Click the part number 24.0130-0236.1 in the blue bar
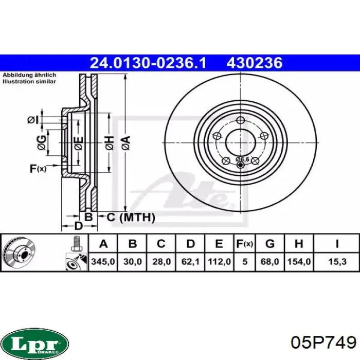pos(148,63)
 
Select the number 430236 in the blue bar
pos(255,63)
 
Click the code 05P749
pos(323,343)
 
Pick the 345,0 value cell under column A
pos(103,261)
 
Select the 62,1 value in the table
pos(190,261)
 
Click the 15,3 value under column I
pos(337,261)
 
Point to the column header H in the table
pos(299,244)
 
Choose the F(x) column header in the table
pos(245,244)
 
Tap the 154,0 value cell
pos(299,261)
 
